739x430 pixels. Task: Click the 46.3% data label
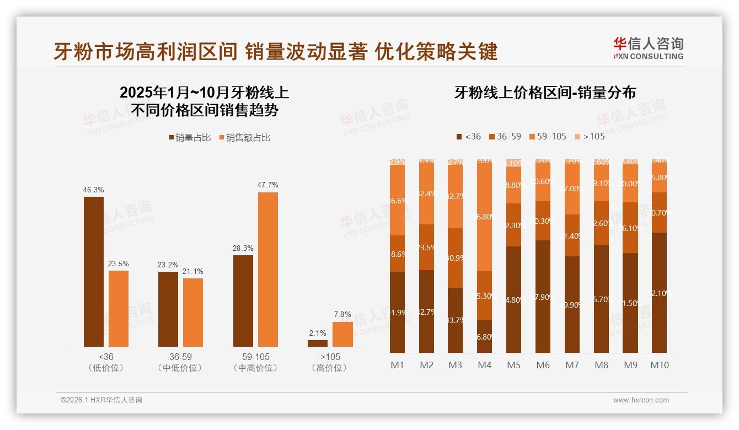pyautogui.click(x=94, y=190)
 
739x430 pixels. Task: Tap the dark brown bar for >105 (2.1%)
pyautogui.click(x=318, y=343)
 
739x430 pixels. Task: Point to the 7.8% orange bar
pyautogui.click(x=342, y=334)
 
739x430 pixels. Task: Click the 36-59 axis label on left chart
pyautogui.click(x=180, y=357)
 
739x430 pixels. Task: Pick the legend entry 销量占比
pyautogui.click(x=190, y=138)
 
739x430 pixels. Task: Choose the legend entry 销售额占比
pyautogui.click(x=245, y=138)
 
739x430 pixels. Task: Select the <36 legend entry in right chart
pyautogui.click(x=468, y=136)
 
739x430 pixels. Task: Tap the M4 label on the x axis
pyautogui.click(x=484, y=365)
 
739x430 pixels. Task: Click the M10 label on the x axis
pyautogui.click(x=659, y=365)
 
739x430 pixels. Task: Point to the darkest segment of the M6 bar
pyautogui.click(x=543, y=297)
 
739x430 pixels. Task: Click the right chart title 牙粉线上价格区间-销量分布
pyautogui.click(x=545, y=92)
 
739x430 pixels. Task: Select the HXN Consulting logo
pyautogui.click(x=648, y=48)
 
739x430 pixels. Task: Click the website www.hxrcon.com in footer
pyautogui.click(x=641, y=400)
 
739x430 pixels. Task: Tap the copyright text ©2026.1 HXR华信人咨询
pyautogui.click(x=101, y=400)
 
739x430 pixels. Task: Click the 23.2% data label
pyautogui.click(x=168, y=265)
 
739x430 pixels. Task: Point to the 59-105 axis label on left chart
pyautogui.click(x=256, y=357)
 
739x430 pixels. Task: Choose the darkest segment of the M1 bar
pyautogui.click(x=397, y=312)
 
